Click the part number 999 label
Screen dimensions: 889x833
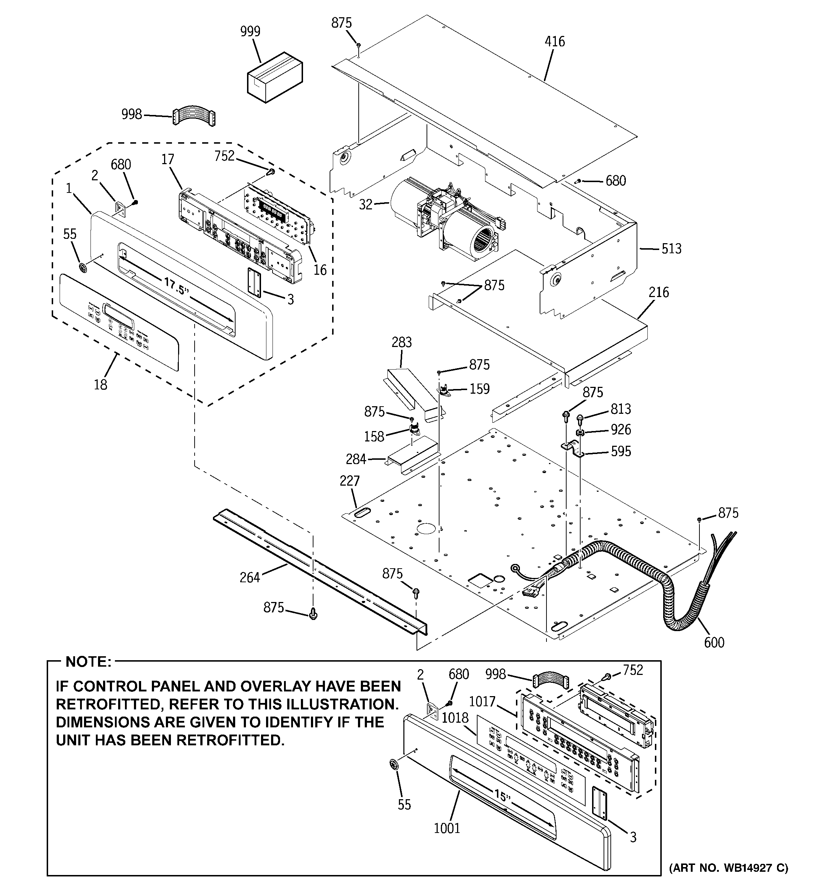point(250,32)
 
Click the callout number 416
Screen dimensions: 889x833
point(554,42)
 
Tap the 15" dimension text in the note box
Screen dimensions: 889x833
point(502,796)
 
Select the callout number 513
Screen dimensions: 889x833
point(671,249)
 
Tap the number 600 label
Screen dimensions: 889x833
point(714,643)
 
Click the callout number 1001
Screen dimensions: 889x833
point(447,828)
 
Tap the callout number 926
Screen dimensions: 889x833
point(620,430)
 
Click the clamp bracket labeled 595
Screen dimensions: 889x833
point(573,449)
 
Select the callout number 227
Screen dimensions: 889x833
point(349,481)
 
